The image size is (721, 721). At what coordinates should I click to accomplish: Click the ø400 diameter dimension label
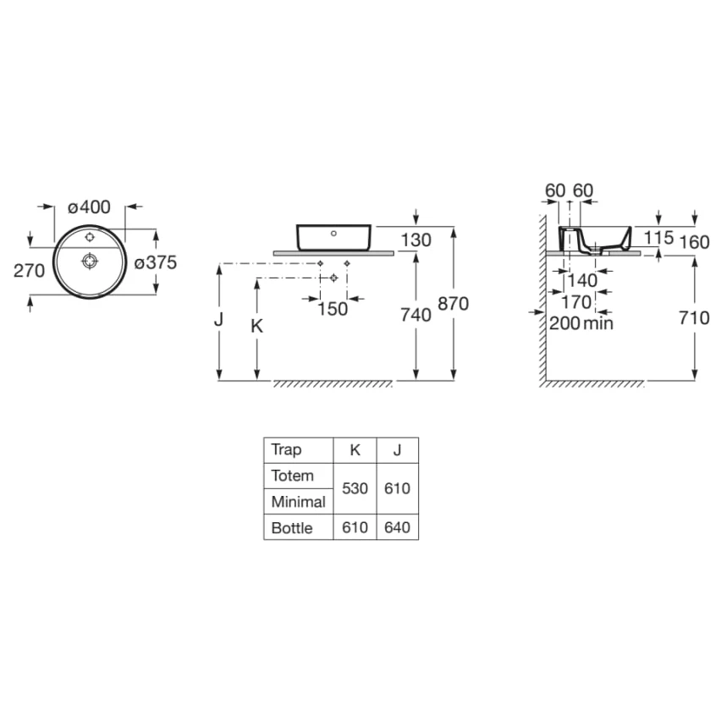89,207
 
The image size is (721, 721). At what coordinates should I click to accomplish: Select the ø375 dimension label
156,262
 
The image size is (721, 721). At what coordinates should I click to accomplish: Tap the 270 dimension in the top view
29,271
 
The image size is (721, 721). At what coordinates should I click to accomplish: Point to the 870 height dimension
453,304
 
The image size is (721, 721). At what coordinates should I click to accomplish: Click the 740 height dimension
416,315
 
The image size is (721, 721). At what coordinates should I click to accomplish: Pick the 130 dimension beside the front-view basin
416,240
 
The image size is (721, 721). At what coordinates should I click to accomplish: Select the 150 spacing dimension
333,309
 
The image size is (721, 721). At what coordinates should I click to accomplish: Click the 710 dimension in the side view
694,317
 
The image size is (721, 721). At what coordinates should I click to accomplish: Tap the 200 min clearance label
581,323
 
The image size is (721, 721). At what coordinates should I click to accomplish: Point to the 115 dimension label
658,238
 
